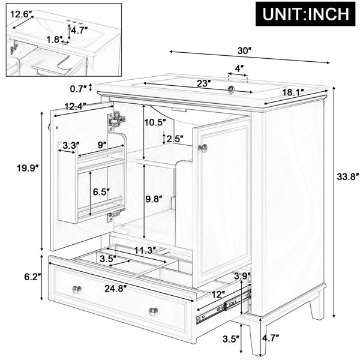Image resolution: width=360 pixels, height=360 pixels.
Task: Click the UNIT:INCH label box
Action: pos(305,14)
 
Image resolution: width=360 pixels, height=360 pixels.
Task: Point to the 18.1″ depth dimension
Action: pos(293,92)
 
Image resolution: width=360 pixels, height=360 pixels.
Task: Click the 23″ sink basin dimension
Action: pos(204,83)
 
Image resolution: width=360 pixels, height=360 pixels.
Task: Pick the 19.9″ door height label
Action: pos(28,168)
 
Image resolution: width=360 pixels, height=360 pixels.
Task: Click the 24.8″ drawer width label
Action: pos(116,289)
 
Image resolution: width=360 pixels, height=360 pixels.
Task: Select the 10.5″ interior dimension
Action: pos(155,122)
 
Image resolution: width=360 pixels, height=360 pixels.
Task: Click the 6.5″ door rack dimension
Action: pos(101,192)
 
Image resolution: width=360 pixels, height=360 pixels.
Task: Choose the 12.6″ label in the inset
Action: pos(21,14)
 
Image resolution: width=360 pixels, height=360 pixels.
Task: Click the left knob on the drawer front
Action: pos(77,289)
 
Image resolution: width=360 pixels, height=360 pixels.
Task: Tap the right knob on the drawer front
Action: pos(154,311)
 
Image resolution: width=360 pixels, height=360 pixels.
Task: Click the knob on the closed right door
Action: pos(203,148)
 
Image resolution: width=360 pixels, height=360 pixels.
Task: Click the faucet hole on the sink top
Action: pos(231,89)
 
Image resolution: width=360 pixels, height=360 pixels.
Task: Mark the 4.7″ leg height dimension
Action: pos(271,338)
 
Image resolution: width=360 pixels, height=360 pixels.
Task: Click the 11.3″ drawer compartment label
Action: pos(145,250)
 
